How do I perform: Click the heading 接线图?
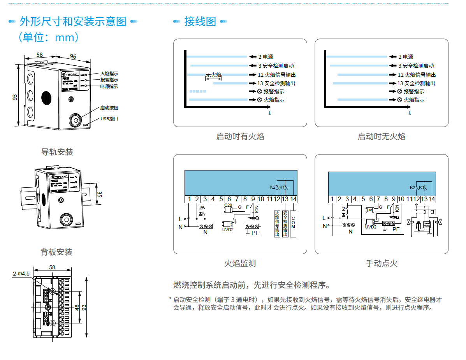(200, 21)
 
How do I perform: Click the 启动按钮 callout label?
(109, 108)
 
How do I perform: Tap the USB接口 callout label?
(109, 119)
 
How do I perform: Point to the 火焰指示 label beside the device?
(109, 73)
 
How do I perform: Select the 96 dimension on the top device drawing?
(73, 56)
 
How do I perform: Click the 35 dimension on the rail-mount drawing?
(99, 194)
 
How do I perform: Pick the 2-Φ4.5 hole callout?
(21, 274)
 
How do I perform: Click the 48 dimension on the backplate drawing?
(77, 307)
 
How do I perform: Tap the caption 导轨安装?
(57, 152)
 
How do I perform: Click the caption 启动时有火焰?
(240, 137)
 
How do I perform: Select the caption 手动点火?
(382, 263)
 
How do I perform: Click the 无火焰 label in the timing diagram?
(213, 75)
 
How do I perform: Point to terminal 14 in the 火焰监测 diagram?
(294, 199)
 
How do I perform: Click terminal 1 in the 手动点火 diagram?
(332, 199)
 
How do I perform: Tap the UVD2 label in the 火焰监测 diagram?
(228, 230)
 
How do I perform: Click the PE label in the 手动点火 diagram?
(396, 229)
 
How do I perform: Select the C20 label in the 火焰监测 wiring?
(229, 205)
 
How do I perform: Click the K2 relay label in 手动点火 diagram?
(413, 188)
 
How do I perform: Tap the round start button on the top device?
(75, 120)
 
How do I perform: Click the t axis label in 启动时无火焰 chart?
(410, 113)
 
